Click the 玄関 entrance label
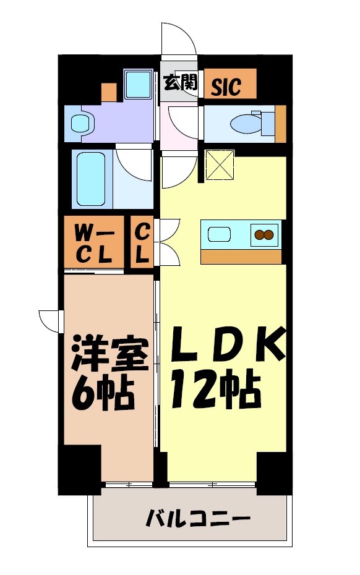(180, 83)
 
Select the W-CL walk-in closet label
(93, 243)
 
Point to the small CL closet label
(142, 243)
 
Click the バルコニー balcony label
(198, 517)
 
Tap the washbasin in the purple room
(80, 124)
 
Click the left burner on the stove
(259, 234)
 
